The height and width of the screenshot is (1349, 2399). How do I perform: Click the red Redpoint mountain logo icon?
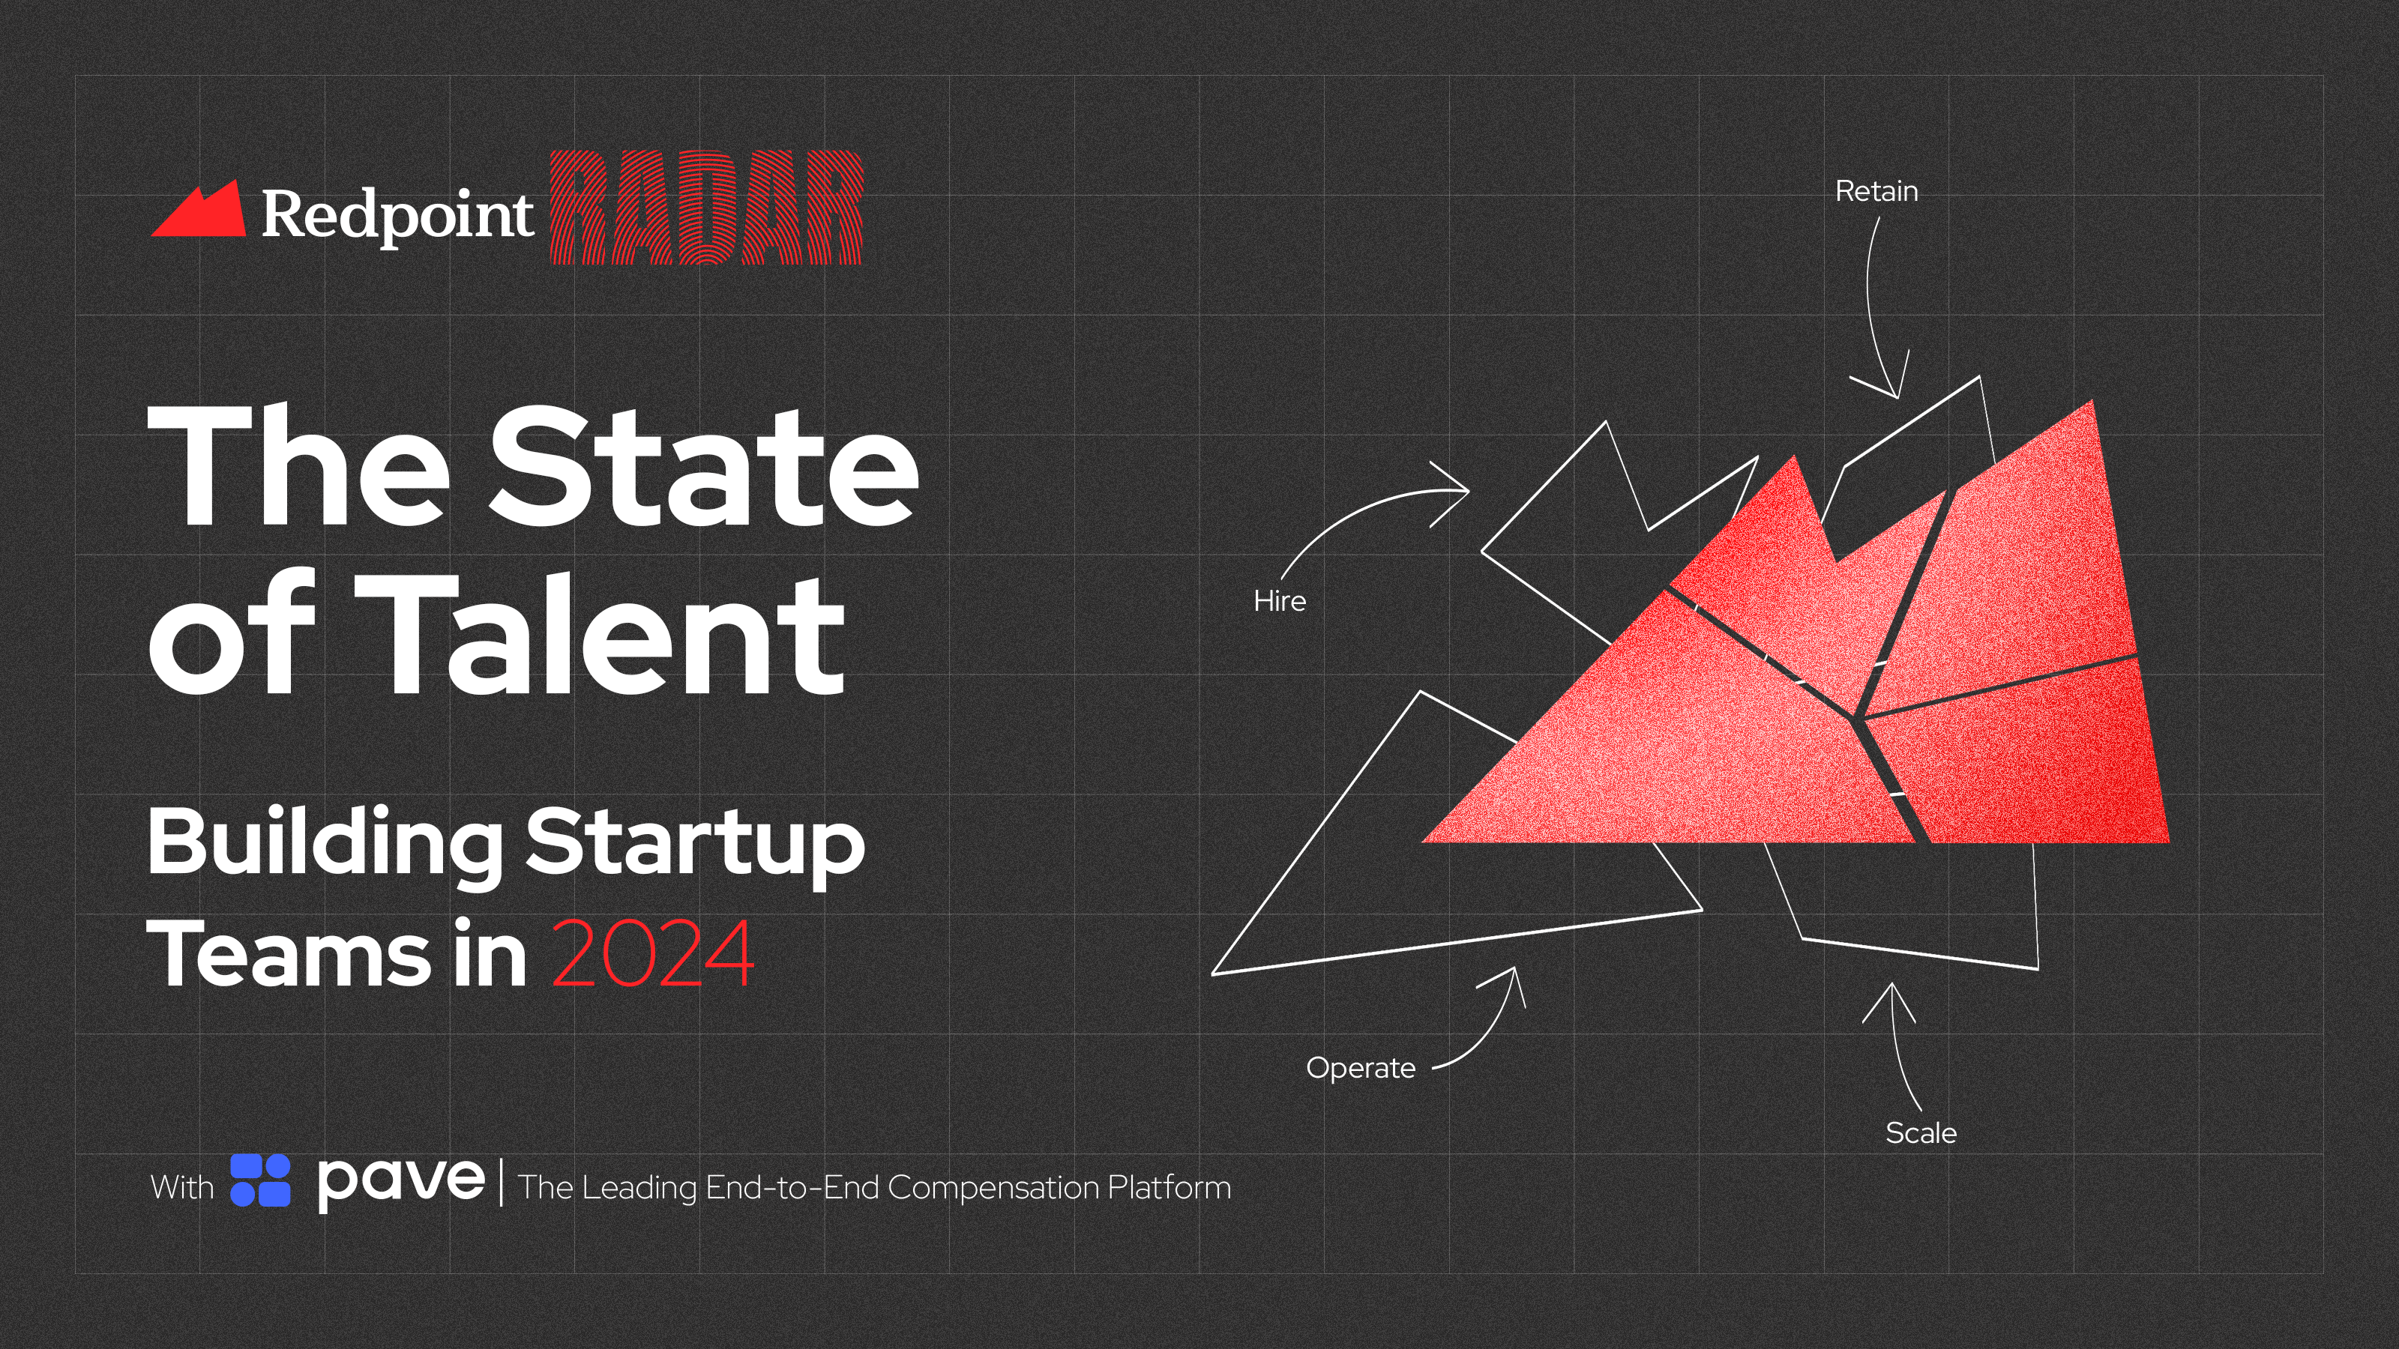click(x=199, y=211)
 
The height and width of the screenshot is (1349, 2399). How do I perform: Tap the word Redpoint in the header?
click(x=397, y=215)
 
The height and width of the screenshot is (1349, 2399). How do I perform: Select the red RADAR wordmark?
click(x=706, y=208)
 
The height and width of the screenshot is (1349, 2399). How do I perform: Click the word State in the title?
click(x=703, y=466)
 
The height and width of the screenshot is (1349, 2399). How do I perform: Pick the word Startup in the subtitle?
click(x=695, y=842)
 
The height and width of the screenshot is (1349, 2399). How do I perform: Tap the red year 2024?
click(x=652, y=953)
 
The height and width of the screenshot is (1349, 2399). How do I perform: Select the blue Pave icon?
click(x=260, y=1180)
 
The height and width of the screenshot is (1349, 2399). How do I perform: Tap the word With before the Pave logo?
click(x=181, y=1187)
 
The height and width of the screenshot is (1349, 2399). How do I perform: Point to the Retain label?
click(x=1876, y=191)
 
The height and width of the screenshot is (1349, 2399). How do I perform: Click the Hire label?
click(x=1279, y=601)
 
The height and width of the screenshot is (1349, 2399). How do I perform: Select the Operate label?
click(x=1360, y=1068)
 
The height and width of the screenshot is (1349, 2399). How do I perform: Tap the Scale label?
click(x=1920, y=1133)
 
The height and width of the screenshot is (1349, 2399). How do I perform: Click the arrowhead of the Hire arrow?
click(x=1462, y=491)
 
